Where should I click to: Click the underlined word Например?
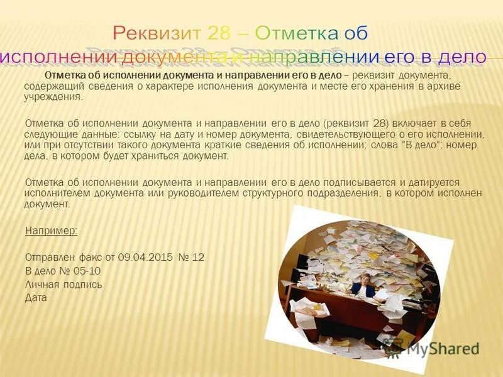click(51, 231)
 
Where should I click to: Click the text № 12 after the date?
click(191, 258)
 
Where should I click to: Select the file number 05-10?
click(87, 271)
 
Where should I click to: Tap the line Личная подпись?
click(63, 284)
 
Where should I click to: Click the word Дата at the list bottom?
click(36, 297)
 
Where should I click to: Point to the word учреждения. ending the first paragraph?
click(53, 97)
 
